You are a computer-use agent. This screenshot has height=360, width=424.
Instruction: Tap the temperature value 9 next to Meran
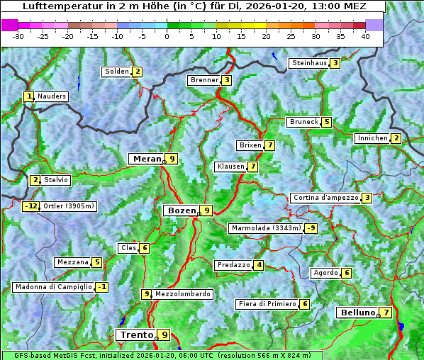click(x=171, y=159)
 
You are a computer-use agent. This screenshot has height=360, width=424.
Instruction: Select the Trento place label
click(x=137, y=335)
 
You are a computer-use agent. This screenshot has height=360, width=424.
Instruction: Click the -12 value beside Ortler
click(x=30, y=206)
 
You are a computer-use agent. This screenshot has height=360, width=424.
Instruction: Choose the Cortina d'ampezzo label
click(x=325, y=198)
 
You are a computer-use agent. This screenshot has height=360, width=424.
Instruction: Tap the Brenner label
click(x=204, y=80)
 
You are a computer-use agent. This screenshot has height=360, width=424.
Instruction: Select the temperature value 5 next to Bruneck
click(x=325, y=122)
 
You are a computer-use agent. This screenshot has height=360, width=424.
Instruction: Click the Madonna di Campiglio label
click(x=53, y=287)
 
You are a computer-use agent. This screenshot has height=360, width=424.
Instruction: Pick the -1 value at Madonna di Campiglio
click(x=102, y=287)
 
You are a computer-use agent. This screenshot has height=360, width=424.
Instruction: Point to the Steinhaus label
click(x=309, y=63)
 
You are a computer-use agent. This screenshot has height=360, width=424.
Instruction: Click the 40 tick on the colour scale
click(x=365, y=36)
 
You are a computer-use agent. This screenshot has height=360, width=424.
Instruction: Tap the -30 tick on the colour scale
click(x=18, y=36)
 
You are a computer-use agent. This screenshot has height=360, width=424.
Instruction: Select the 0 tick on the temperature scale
click(x=167, y=36)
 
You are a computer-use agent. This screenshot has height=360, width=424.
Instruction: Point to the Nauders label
click(x=51, y=96)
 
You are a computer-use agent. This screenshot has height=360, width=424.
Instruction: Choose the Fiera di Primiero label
click(x=267, y=304)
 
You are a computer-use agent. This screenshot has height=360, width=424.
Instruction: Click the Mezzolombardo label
click(x=182, y=294)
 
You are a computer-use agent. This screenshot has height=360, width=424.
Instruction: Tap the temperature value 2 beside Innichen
click(x=396, y=138)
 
